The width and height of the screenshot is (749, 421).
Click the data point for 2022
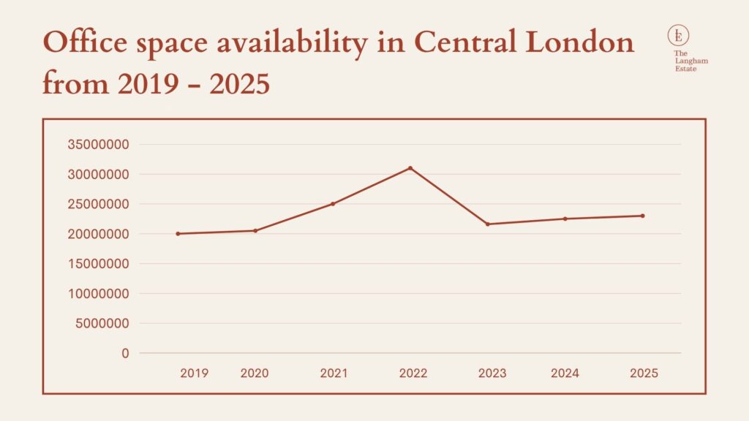(x=410, y=168)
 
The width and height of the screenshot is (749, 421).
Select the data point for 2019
(x=178, y=234)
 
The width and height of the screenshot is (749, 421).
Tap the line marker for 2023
(x=488, y=224)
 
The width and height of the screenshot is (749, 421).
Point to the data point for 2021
(x=333, y=204)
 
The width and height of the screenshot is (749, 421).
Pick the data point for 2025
(x=643, y=216)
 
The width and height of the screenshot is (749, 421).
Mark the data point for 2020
(x=255, y=230)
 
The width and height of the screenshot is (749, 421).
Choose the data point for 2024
(x=565, y=219)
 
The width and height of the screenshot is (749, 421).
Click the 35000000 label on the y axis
(x=98, y=145)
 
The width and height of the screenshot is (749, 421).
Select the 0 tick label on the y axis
(x=125, y=354)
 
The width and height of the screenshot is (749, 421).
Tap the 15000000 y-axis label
(x=98, y=264)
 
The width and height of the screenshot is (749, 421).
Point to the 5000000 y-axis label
(x=102, y=324)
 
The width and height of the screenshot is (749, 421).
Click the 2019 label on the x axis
(x=194, y=373)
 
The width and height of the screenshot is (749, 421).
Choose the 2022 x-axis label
(x=413, y=373)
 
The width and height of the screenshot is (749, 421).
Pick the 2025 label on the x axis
(x=644, y=373)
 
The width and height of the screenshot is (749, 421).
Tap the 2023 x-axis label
(x=492, y=373)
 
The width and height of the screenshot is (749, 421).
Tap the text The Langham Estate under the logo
(x=690, y=61)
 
